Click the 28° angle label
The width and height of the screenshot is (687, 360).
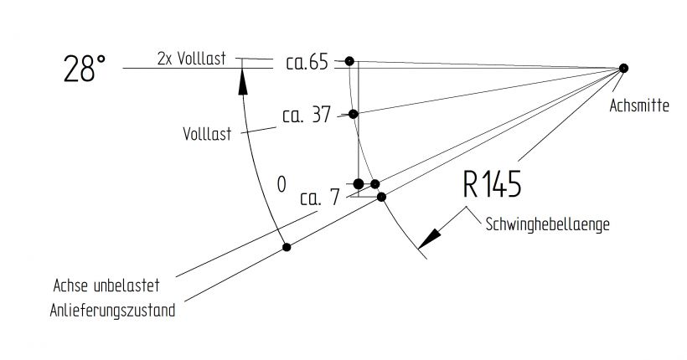click(x=85, y=69)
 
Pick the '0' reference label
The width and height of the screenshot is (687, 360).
click(x=282, y=183)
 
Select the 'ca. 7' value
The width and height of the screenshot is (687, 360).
click(x=319, y=198)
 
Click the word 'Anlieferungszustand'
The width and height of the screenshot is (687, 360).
click(x=111, y=311)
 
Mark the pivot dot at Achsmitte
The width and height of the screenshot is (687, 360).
click(x=623, y=68)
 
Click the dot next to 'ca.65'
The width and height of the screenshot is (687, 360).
click(x=349, y=60)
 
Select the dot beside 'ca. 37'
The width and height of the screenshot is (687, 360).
click(x=354, y=114)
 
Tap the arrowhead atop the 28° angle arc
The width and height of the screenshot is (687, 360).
click(x=242, y=78)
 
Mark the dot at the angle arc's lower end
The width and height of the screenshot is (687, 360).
click(x=287, y=247)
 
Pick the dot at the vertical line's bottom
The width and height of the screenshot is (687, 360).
click(x=359, y=183)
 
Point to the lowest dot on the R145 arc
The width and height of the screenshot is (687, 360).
click(x=381, y=197)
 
